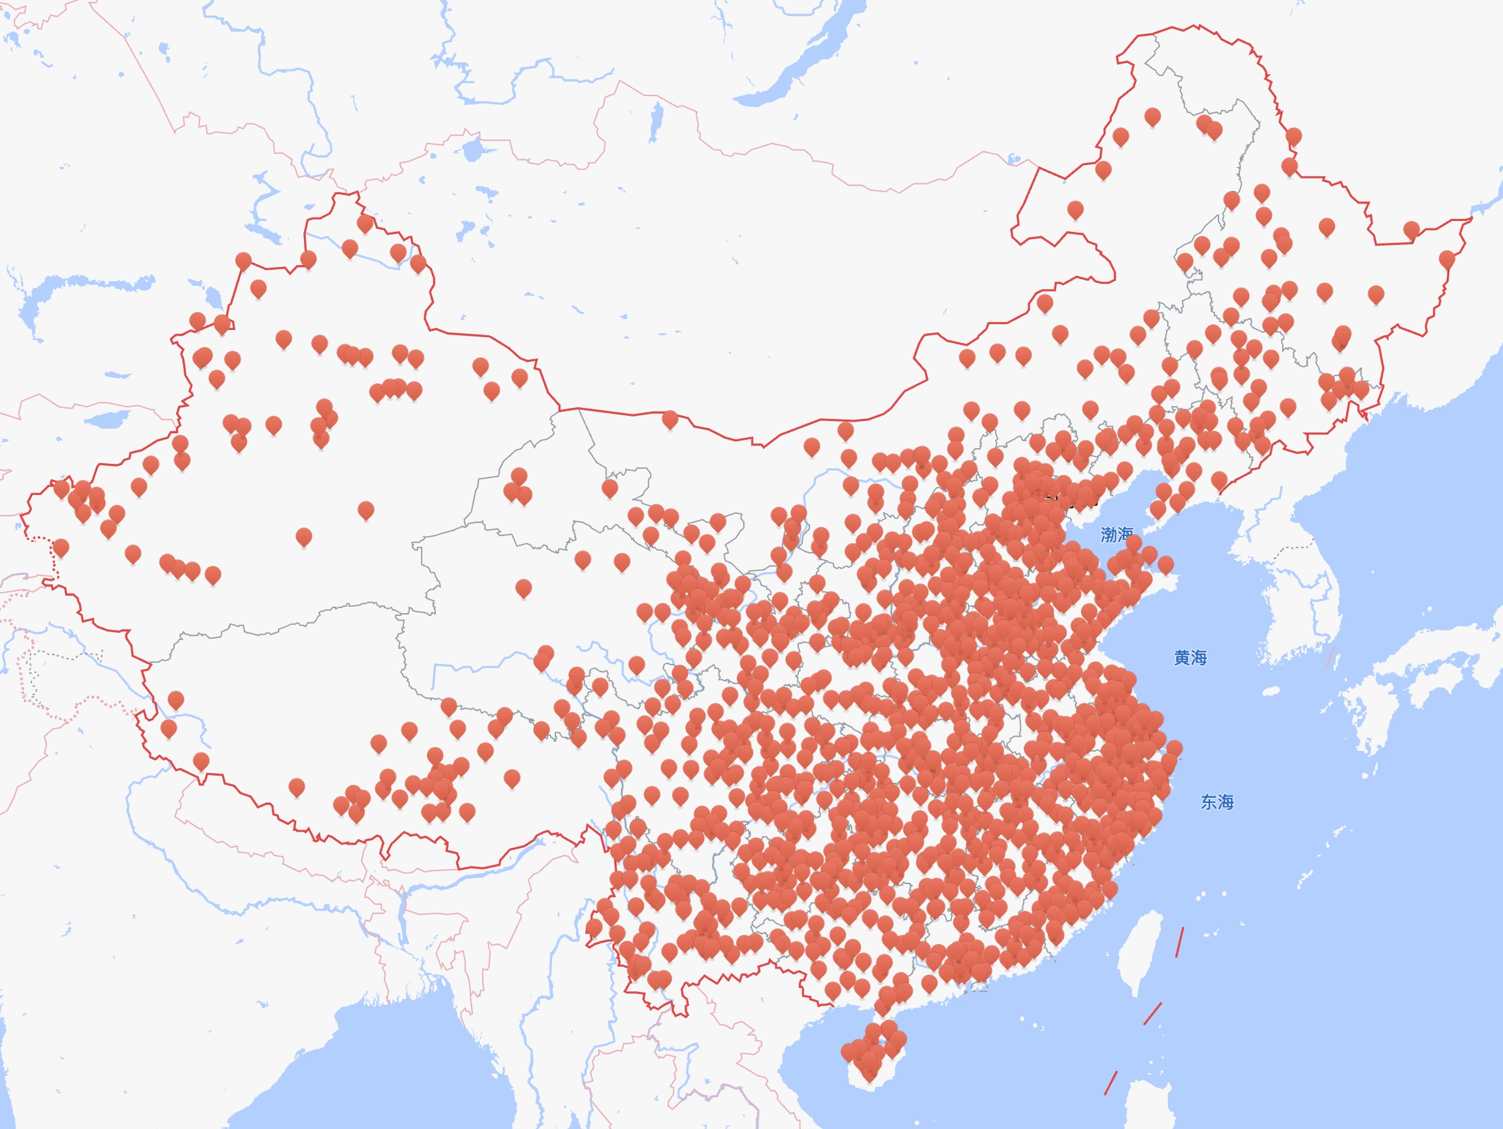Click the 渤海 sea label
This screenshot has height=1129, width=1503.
tap(1117, 535)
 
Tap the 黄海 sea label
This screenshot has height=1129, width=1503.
tap(1190, 657)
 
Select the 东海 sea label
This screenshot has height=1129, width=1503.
tap(1217, 802)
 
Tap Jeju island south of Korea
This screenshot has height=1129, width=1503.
tap(1270, 691)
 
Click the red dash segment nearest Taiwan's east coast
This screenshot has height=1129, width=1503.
tap(1180, 942)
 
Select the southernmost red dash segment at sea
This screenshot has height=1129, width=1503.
tap(1110, 1083)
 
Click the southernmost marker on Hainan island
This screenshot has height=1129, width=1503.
tap(870, 1072)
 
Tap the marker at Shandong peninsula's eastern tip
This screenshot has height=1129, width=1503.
tap(1165, 563)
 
